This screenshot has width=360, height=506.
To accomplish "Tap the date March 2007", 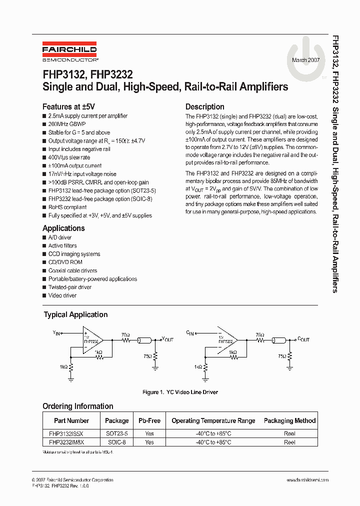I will pyautogui.click(x=306, y=60).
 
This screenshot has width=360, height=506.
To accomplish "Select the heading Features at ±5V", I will pyautogui.click(x=68, y=106).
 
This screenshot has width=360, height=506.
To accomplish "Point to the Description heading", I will pyautogui.click(x=205, y=106).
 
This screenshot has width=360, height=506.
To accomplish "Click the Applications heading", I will pyautogui.click(x=63, y=228).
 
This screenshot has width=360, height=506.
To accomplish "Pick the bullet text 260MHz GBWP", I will pyautogui.click(x=67, y=124).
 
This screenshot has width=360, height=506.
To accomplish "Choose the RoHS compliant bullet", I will pyautogui.click(x=67, y=207).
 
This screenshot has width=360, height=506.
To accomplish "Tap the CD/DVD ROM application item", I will pyautogui.click(x=65, y=262).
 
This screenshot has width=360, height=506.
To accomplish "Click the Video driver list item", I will pyautogui.click(x=62, y=295).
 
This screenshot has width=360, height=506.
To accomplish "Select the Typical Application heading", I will pyautogui.click(x=75, y=314).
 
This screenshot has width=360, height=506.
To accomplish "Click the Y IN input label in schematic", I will pyautogui.click(x=56, y=332).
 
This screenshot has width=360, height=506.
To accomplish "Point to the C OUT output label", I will pyautogui.click(x=303, y=339).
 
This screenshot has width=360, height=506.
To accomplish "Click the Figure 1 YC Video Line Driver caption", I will pyautogui.click(x=180, y=392).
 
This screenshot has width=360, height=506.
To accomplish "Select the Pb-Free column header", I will pyautogui.click(x=149, y=420).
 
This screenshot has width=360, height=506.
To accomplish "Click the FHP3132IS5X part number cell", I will pyautogui.click(x=67, y=433).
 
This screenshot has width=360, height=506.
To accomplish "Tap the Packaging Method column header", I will pyautogui.click(x=289, y=420).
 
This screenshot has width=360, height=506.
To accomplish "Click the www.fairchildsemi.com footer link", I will pyautogui.click(x=307, y=480).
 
